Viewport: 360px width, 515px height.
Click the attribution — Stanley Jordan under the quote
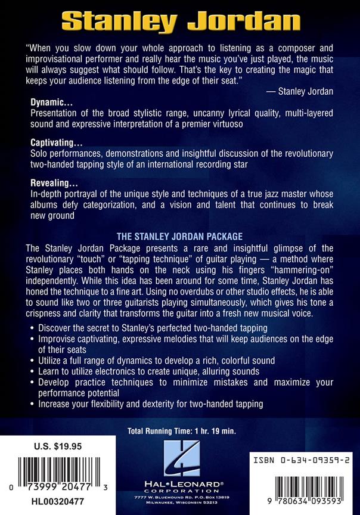tap(299, 92)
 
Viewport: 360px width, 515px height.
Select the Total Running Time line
tap(180, 430)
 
